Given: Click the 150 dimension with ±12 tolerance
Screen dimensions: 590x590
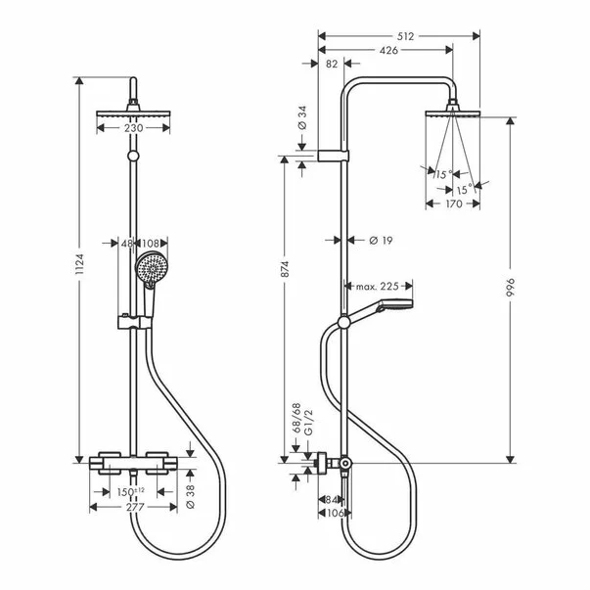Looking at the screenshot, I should pos(131,490).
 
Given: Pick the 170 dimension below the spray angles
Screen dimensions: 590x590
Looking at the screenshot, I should pos(451,204).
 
